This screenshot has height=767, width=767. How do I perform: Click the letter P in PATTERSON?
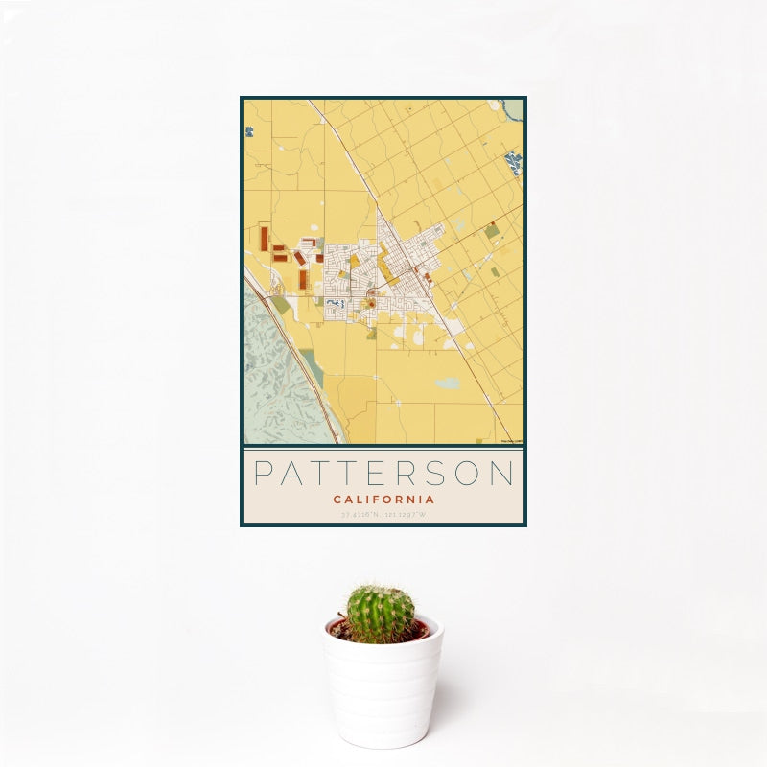pos(263,474)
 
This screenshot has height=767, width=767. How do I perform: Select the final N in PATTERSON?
pos(503,474)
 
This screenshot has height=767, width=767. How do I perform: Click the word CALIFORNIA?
pos(383,500)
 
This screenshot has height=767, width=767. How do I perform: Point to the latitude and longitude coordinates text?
pos(383,516)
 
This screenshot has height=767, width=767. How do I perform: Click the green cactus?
pos(381,614)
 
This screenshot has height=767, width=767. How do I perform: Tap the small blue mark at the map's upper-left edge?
pos(248,130)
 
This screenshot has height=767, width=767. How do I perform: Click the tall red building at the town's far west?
pos(264,239)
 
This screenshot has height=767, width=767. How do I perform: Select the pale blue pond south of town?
pos(447,383)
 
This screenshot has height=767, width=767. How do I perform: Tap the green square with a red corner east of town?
pos(492,231)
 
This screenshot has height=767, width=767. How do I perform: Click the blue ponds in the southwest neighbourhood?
pos(336,304)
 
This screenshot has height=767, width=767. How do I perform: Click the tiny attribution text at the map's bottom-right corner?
pos(513,441)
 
